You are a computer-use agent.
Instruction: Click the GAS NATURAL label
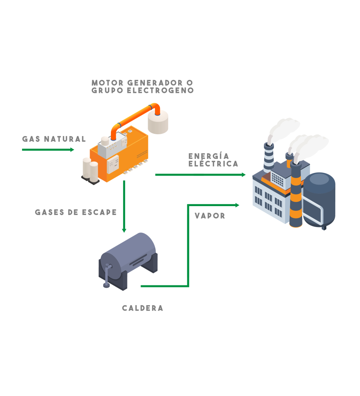(x=54, y=139)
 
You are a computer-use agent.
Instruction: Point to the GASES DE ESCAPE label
(x=76, y=213)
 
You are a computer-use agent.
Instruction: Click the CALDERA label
(x=143, y=308)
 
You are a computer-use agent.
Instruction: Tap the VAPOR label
(x=210, y=216)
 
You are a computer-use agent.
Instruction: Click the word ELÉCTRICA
(x=213, y=164)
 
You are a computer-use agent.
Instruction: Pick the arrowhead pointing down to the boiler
(x=124, y=230)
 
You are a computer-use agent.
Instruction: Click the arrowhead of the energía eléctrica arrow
(x=243, y=175)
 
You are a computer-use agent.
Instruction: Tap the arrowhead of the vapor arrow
(x=237, y=205)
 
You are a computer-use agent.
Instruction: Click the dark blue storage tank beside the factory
(x=319, y=199)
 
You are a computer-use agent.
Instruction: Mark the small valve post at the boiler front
(x=107, y=277)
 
